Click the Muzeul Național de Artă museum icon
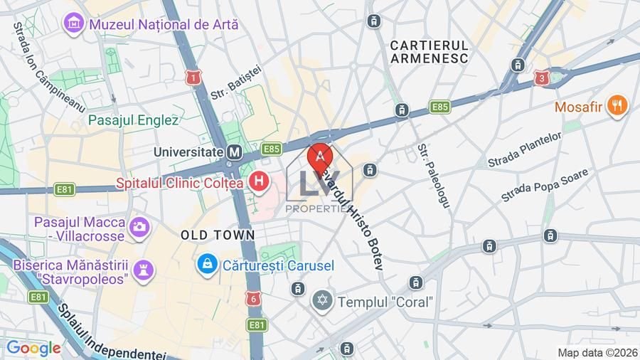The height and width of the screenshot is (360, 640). tap(73, 23)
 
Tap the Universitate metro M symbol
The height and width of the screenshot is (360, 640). tap(234, 152)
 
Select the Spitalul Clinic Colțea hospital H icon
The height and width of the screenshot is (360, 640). tap(260, 182)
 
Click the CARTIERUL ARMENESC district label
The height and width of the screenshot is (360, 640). tap(429, 51)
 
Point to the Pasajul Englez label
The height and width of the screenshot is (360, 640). tap(133, 120)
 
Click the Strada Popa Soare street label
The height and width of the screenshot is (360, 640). tap(545, 185)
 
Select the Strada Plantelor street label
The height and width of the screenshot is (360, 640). tap(525, 149)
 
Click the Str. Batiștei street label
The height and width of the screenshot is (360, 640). tap(237, 83)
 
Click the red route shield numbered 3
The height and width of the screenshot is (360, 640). tap(543, 78)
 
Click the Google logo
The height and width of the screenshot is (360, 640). tap(33, 348)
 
